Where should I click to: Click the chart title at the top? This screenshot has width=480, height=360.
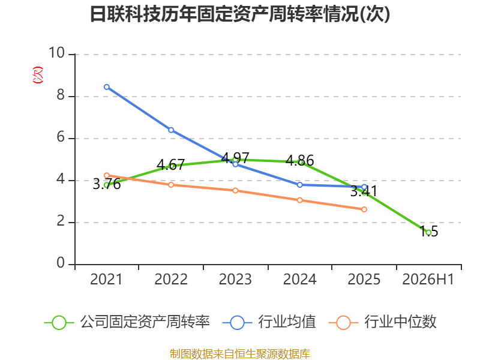[x=240, y=14]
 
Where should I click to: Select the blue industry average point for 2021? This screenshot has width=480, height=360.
[x=107, y=87]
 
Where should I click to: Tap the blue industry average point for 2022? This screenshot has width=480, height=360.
[x=171, y=130]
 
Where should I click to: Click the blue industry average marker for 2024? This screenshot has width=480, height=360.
[x=299, y=185]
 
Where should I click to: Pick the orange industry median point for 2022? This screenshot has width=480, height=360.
[x=171, y=185]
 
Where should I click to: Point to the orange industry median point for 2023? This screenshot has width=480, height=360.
[x=235, y=191]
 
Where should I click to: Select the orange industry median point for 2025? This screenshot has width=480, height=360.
[x=364, y=209]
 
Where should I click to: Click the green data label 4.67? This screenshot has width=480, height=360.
[x=170, y=164]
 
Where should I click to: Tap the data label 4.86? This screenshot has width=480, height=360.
[x=299, y=160]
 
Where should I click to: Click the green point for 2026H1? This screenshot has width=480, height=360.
[x=428, y=233]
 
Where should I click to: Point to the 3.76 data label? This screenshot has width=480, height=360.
[x=107, y=184]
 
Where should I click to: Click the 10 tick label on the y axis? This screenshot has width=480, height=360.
[x=56, y=53]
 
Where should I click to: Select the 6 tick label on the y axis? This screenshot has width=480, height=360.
[x=61, y=137]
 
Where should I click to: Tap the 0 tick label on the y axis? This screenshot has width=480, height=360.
[x=61, y=263]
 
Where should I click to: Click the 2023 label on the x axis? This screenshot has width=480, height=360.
[x=235, y=279]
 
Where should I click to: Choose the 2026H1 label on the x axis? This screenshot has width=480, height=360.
[x=428, y=279]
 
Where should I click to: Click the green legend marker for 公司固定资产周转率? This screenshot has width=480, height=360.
[x=59, y=323]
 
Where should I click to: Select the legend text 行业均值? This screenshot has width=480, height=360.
[x=287, y=322]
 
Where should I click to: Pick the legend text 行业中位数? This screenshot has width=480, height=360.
[x=400, y=322]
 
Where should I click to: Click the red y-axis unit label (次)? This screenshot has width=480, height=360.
[x=38, y=75]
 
